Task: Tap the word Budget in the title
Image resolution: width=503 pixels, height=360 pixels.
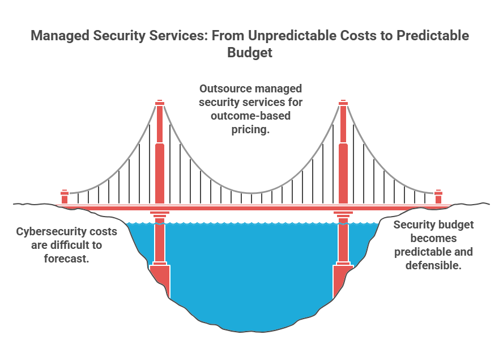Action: click(x=250, y=52)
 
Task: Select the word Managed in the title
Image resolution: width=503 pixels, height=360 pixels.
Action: click(x=60, y=36)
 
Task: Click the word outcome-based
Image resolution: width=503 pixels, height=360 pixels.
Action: click(x=250, y=116)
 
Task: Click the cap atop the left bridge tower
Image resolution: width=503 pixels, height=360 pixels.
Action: click(x=160, y=103)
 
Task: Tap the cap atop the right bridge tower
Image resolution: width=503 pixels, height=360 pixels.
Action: click(x=343, y=103)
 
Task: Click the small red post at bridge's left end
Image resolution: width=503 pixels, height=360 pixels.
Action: click(x=65, y=197)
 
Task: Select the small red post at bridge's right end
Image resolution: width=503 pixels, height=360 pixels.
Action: click(x=438, y=197)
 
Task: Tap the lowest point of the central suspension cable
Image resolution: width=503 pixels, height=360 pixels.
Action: click(x=252, y=193)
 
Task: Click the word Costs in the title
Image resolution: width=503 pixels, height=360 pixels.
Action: click(x=359, y=35)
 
